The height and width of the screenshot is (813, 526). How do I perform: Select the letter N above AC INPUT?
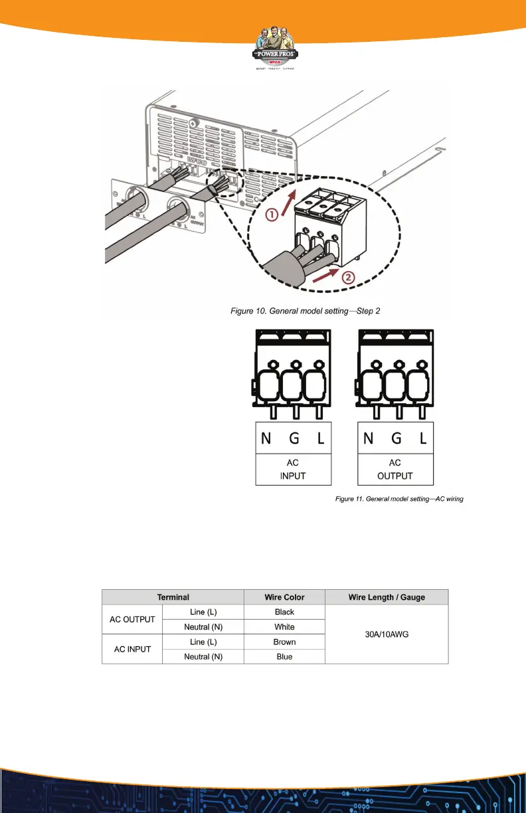pos(266,439)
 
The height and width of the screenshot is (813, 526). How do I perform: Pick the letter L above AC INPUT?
pos(321,439)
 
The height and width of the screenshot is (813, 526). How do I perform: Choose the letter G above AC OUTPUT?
pos(396,439)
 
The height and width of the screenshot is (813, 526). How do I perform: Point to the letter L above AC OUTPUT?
pos(422,439)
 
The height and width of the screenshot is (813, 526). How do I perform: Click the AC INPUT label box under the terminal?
pos(293,470)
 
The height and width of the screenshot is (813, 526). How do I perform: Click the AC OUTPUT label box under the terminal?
pos(395,470)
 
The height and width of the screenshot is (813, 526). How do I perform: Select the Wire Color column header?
pos(284,597)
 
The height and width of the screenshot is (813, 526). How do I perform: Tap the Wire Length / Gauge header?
pos(387,597)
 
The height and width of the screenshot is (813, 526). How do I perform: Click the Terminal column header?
pos(173,597)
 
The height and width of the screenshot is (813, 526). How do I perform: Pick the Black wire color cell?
pos(284,612)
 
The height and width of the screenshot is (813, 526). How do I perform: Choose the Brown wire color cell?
pos(284,642)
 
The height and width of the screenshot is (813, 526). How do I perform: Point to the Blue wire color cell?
pos(284,656)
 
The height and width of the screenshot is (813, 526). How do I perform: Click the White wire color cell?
pos(284,626)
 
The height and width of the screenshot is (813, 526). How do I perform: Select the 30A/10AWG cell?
pos(387,634)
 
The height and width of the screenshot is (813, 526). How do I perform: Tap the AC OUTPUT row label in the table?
pos(131,619)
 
